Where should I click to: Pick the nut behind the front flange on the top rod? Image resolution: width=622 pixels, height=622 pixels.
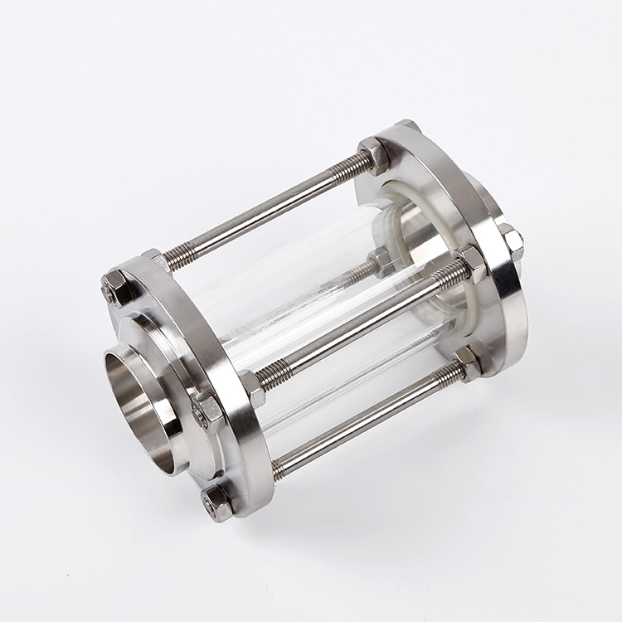point(154,259)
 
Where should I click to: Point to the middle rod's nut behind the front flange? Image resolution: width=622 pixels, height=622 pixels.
point(251,386)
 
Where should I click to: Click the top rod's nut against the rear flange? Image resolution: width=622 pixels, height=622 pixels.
point(373,156)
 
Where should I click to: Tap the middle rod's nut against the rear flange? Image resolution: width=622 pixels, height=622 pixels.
point(472,264)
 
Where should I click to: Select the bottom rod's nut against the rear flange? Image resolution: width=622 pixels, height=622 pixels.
point(468,362)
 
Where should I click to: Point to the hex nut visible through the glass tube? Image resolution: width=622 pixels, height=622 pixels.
point(382,262)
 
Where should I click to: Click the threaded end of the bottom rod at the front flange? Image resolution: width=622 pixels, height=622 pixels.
point(282,469)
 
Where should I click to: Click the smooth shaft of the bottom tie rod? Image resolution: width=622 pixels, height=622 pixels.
point(365,418)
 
